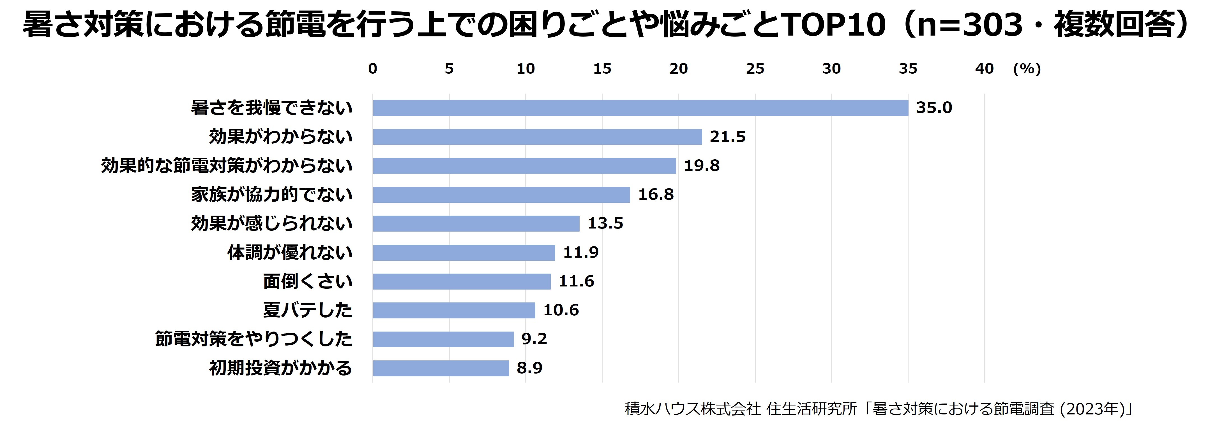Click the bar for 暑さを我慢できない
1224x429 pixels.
click(x=640, y=108)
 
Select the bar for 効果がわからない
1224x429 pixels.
click(x=537, y=137)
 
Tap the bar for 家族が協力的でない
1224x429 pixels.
click(x=501, y=195)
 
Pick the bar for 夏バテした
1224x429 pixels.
click(x=454, y=310)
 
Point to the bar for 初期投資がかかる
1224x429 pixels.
click(x=441, y=368)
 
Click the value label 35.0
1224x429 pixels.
click(x=934, y=108)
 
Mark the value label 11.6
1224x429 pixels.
click(x=576, y=281)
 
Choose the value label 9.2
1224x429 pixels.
click(x=534, y=339)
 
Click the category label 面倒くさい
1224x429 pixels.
click(x=307, y=281)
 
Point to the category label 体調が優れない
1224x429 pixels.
click(x=289, y=253)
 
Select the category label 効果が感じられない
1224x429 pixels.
click(x=271, y=223)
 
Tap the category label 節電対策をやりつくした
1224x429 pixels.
click(x=253, y=339)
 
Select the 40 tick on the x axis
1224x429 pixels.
click(x=984, y=69)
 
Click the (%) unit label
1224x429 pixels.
click(x=1027, y=69)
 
